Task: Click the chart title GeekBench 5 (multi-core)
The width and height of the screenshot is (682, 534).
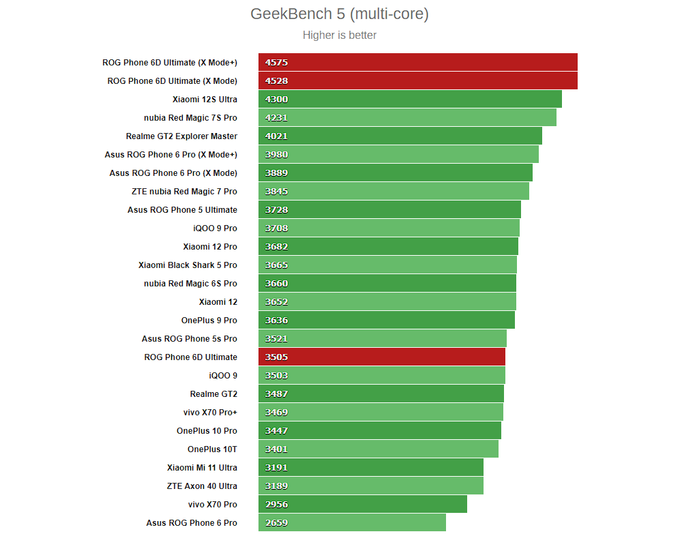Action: click(339, 14)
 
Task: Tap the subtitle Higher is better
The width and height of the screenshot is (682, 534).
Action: click(339, 35)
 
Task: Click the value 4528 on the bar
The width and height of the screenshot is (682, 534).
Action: click(277, 81)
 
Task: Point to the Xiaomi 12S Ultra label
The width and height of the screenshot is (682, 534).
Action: click(205, 100)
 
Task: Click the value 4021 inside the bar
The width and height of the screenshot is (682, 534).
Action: click(277, 136)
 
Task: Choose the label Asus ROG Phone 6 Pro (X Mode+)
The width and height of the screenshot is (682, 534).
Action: click(171, 155)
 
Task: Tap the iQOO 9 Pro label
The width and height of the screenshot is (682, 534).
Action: click(215, 228)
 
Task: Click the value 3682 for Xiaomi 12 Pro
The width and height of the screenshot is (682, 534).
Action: click(277, 247)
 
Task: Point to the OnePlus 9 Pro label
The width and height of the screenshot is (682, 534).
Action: click(209, 321)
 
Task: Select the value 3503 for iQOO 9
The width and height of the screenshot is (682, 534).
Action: click(277, 376)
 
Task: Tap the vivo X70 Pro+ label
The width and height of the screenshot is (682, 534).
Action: click(210, 413)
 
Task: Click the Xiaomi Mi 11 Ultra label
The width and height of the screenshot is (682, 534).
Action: click(202, 468)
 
